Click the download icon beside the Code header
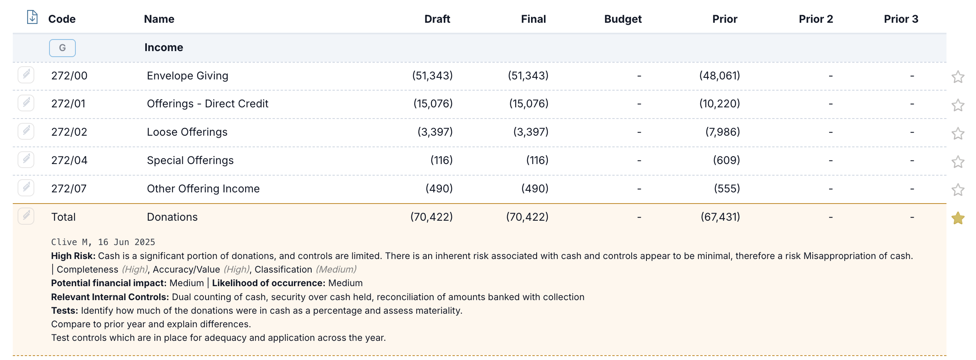[32, 17]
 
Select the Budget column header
[623, 19]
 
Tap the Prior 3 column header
[901, 19]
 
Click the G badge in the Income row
[62, 48]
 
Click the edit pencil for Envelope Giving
[26, 75]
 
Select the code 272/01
[68, 104]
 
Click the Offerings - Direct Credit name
[207, 104]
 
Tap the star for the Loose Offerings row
[958, 133]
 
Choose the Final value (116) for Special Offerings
[537, 160]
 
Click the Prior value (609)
[726, 160]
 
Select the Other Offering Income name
[203, 189]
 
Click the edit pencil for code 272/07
[26, 188]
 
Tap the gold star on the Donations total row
[958, 218]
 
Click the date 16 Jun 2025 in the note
[126, 242]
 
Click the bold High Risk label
[73, 256]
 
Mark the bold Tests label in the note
[65, 311]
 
